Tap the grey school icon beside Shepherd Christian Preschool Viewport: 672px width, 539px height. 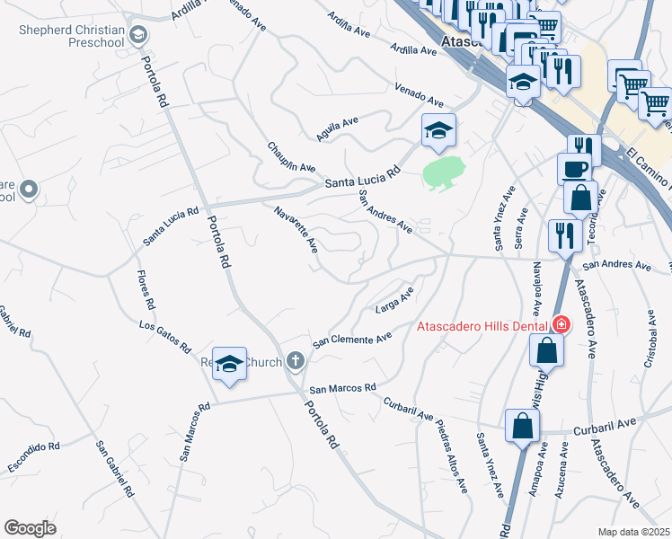[137, 36]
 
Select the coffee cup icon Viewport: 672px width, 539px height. [574, 167]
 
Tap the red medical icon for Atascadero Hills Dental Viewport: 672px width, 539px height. [561, 323]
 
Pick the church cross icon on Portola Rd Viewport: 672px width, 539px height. [296, 362]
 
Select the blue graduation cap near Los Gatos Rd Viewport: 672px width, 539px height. [229, 364]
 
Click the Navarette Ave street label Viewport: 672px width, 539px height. [297, 230]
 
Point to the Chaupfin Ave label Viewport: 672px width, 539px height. [291, 156]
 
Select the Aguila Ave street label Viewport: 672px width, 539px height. [337, 128]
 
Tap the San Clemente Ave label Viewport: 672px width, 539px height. [352, 340]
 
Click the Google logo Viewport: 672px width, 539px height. [30, 527]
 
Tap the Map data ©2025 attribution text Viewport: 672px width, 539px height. [634, 532]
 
